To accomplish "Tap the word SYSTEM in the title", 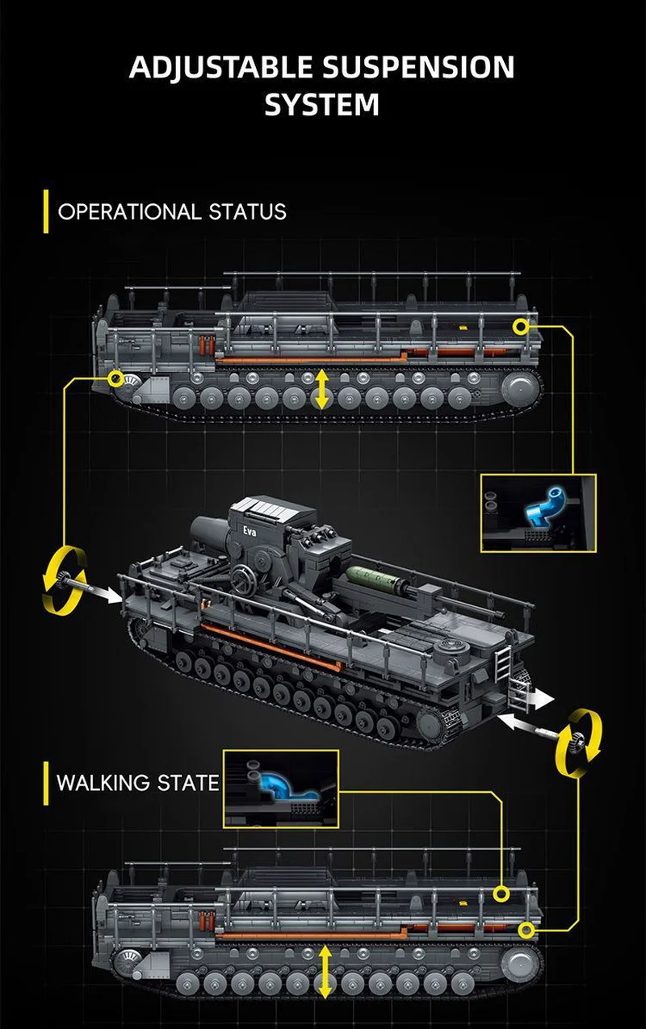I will (322, 104).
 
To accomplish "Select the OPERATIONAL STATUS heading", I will (172, 212).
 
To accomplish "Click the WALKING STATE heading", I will (138, 782).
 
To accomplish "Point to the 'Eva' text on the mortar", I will (245, 531).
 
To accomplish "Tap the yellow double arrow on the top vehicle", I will (322, 389).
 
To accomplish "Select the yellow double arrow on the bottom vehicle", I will (325, 973).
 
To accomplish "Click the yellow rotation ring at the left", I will (63, 578).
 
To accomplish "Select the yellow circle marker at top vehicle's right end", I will (521, 325).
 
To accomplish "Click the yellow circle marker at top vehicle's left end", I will (117, 378).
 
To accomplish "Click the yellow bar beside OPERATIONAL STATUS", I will (46, 212).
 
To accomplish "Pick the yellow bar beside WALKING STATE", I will (46, 782).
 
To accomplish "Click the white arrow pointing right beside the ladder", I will (539, 698).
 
